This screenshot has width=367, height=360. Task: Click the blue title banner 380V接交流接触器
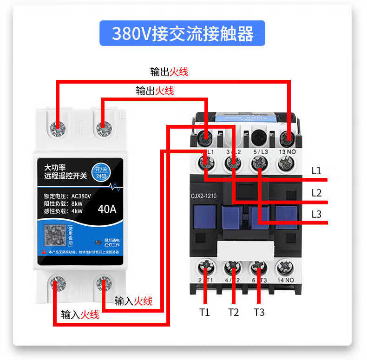pyautogui.click(x=182, y=33)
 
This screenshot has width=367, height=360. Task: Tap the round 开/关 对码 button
pyautogui.click(x=100, y=172)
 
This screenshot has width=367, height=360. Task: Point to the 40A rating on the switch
pyautogui.click(x=107, y=209)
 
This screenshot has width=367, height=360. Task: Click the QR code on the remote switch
pyautogui.click(x=55, y=236)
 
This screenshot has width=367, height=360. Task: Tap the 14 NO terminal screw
pyautogui.click(x=285, y=268)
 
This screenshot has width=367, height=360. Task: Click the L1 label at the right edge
pyautogui.click(x=316, y=171)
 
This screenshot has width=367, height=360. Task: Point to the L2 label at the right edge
pyautogui.click(x=316, y=193)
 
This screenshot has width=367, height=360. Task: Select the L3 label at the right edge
pyautogui.click(x=316, y=214)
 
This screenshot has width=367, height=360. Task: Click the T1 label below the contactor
pyautogui.click(x=205, y=312)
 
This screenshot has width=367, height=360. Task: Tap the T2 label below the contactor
pyautogui.click(x=233, y=312)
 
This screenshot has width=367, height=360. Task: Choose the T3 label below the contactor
pyautogui.click(x=259, y=312)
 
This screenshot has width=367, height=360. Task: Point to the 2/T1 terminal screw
pyautogui.click(x=206, y=268)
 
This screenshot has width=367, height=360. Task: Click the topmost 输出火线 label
pyautogui.click(x=169, y=72)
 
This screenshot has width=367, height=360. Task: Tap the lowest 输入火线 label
pyautogui.click(x=80, y=315)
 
